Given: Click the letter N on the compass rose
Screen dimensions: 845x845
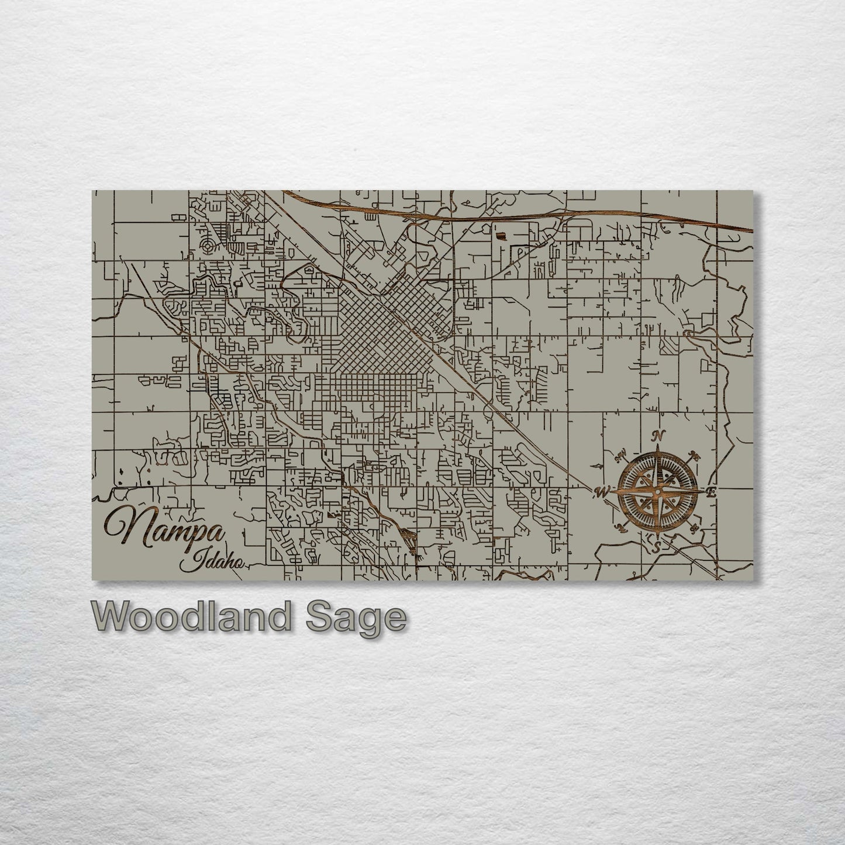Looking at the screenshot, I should (x=659, y=435).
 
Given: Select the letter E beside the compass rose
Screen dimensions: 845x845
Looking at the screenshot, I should (x=711, y=492).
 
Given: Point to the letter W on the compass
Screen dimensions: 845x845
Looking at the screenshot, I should (x=602, y=491).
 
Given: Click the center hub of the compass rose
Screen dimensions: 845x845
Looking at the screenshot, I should (x=657, y=492).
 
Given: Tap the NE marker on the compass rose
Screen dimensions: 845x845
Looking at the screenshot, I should (x=695, y=455).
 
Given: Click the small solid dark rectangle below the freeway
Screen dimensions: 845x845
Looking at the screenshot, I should (x=501, y=236).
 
